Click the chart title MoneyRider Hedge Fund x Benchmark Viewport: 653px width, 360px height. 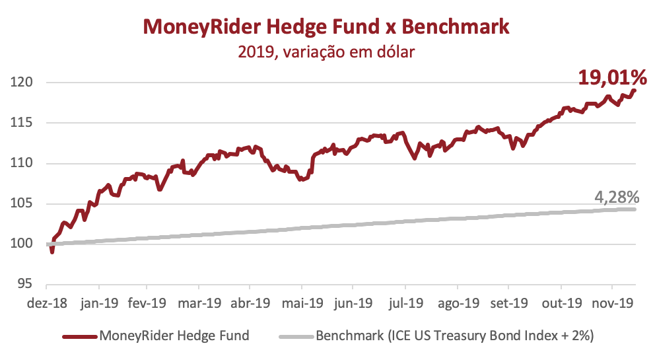coord(326,26)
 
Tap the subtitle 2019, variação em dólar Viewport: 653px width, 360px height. coord(326,51)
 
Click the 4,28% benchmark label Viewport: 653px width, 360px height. coord(616,197)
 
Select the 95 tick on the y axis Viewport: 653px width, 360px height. coord(24,284)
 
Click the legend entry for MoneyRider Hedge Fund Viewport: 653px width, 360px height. coord(174,336)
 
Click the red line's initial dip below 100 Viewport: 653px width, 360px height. coord(52,252)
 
